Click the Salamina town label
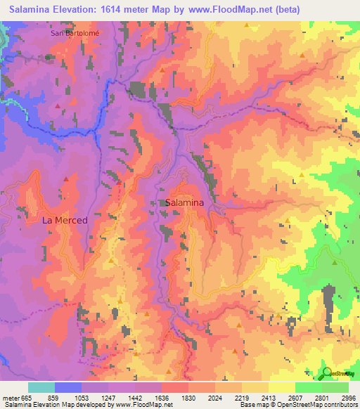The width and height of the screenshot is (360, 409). tap(185, 202)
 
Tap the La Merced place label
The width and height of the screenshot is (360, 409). tap(65, 220)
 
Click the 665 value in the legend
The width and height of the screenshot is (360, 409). tap(20, 398)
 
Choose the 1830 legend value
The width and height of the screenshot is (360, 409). tap(188, 398)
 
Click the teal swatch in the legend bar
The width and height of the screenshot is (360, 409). tap(41, 387)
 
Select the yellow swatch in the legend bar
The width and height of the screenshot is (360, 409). tap(281, 387)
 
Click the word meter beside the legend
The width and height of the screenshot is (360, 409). tap(8, 398)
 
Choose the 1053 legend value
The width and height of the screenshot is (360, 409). tap(81, 398)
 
